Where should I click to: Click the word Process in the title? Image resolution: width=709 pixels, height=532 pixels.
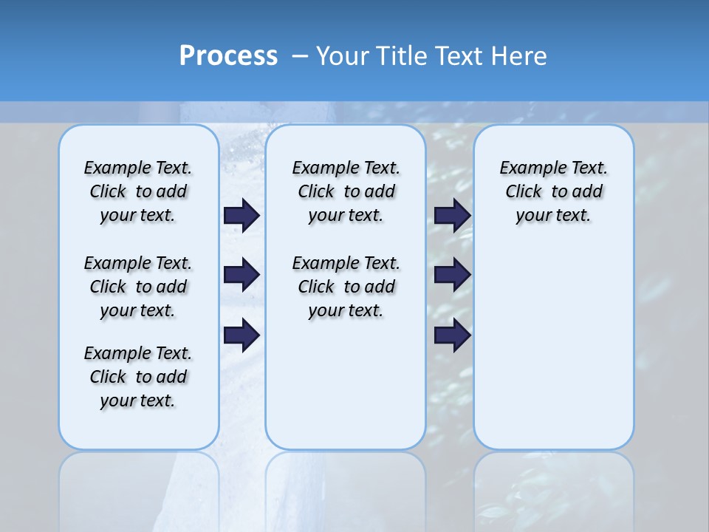coord(227,55)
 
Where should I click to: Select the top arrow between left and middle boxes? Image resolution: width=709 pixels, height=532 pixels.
coord(242,215)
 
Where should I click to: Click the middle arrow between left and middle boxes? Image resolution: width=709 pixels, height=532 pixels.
coord(242,275)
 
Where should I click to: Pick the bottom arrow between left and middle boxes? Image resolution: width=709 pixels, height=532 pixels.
coord(242,335)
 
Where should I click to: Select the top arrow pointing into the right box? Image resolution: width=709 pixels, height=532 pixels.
coord(453,215)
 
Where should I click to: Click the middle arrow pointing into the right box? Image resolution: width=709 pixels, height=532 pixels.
coord(453,275)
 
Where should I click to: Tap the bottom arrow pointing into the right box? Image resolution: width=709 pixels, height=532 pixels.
coord(453,335)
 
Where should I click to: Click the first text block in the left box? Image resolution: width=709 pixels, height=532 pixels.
coord(138,191)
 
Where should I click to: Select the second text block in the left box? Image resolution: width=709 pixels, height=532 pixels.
coord(138,287)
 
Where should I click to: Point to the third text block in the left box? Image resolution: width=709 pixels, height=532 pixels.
coord(138,377)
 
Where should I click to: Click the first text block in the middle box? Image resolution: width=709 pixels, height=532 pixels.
coord(346,191)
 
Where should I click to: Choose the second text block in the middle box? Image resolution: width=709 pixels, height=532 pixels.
coord(346,287)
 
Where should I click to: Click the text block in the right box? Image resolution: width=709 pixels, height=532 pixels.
coord(554,191)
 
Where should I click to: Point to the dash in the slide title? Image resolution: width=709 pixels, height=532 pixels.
coord(300,56)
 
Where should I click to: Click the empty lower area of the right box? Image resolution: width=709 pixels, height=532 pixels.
coord(554,355)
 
